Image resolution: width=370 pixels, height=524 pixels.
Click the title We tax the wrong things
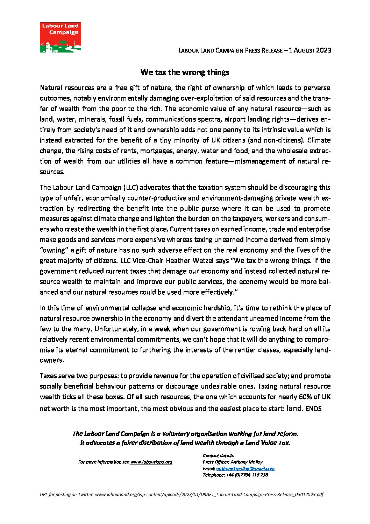185,72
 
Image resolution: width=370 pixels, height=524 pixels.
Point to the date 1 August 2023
310,50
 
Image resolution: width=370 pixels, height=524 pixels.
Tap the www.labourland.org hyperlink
151,462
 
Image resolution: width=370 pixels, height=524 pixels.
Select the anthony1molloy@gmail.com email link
246,468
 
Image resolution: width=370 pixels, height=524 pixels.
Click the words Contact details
218,455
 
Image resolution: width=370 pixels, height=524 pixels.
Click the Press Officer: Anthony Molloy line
232,462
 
